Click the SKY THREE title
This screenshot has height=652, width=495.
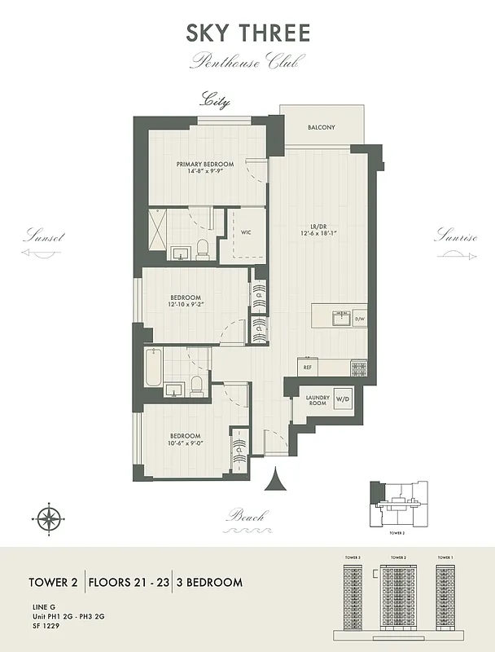pyautogui.click(x=247, y=33)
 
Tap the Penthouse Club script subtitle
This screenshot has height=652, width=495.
pyautogui.click(x=247, y=61)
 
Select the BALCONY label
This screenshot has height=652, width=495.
pyautogui.click(x=321, y=127)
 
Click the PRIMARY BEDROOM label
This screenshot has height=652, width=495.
pyautogui.click(x=205, y=165)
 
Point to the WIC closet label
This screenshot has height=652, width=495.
pyautogui.click(x=245, y=232)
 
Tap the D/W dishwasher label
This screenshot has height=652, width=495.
pyautogui.click(x=360, y=319)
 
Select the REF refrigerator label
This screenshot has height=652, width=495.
pyautogui.click(x=308, y=368)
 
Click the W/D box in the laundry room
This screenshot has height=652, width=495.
pyautogui.click(x=343, y=399)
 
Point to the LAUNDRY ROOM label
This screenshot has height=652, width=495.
pyautogui.click(x=317, y=400)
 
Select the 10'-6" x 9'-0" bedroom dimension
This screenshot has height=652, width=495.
pyautogui.click(x=186, y=444)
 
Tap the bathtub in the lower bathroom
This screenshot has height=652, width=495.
pyautogui.click(x=154, y=367)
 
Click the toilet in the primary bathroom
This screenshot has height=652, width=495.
pyautogui.click(x=203, y=249)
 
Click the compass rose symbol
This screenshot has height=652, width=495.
pyautogui.click(x=50, y=517)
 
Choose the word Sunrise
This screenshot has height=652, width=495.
pyautogui.click(x=454, y=237)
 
